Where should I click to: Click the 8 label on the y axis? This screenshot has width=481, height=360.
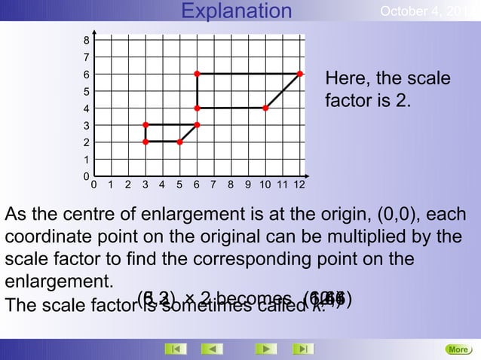tap(87, 40)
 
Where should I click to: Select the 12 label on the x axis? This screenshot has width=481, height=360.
tap(299, 184)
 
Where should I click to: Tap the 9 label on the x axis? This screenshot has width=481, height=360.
tap(248, 184)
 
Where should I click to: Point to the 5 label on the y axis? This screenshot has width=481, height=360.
tap(87, 92)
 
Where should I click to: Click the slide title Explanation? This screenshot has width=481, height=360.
tap(237, 11)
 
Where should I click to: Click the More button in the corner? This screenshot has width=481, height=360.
tap(458, 349)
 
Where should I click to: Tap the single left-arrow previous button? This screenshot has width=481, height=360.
tap(215, 349)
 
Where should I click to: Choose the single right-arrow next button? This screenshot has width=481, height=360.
tap(265, 349)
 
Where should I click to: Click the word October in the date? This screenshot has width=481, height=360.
tap(407, 12)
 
